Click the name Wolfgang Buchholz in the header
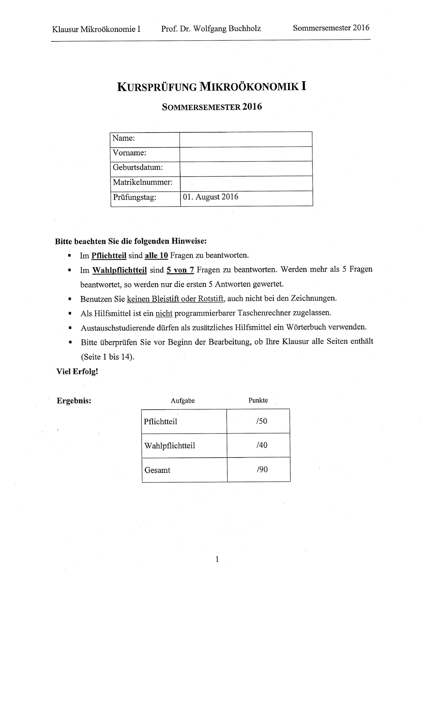pos(227,29)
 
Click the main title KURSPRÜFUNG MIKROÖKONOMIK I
pos(211,87)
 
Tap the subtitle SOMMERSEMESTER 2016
pos(212,107)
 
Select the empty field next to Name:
pos(246,139)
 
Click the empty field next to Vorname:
pos(246,154)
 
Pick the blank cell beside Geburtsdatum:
pos(246,168)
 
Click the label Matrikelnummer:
pos(142,182)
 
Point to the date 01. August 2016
pos(211,197)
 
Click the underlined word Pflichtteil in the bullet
pos(109,256)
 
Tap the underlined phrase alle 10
pos(156,256)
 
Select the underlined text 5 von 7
pos(180,270)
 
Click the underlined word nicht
pos(164,313)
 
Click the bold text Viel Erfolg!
pos(77,371)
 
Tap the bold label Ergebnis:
pos(74,401)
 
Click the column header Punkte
pos(258,400)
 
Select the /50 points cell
pos(261,421)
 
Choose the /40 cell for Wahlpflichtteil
pos(262,445)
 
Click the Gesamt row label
pos(157,470)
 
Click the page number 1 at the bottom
pos(217,559)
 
